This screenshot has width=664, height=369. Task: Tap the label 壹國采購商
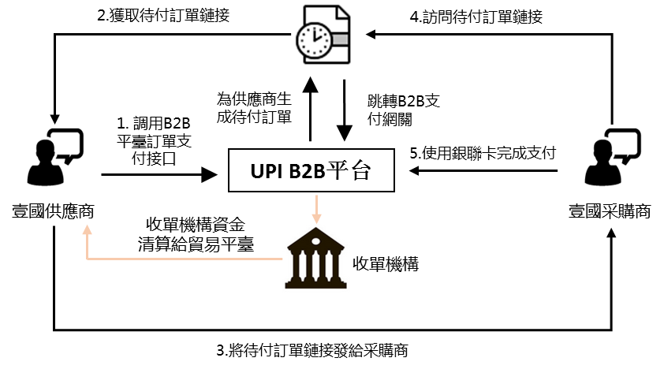tap(610, 211)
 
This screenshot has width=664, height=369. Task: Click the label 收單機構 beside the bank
tap(386, 263)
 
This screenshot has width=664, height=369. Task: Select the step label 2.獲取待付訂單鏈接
tap(165, 15)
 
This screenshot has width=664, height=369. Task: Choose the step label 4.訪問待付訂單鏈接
tap(477, 15)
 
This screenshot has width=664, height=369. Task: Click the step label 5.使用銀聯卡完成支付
tap(483, 152)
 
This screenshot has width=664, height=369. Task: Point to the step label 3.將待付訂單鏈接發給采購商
tap(311, 349)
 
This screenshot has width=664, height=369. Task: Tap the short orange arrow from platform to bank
tap(317, 209)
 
